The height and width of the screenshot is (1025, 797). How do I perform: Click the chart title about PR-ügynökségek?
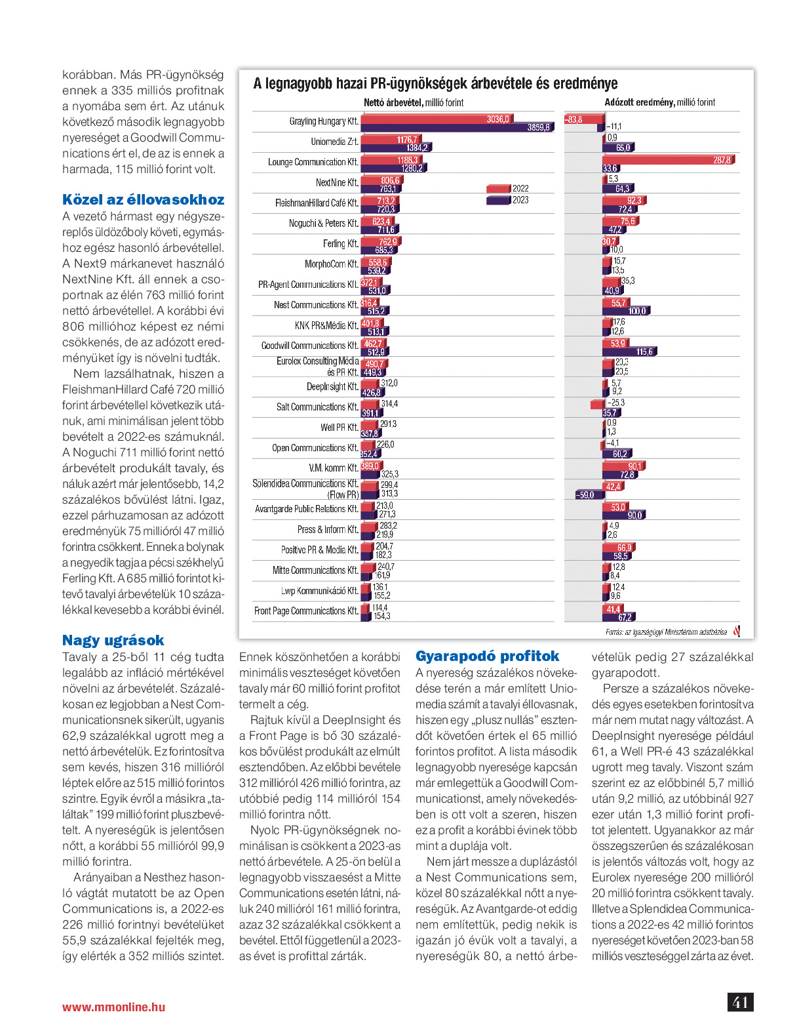tap(435, 84)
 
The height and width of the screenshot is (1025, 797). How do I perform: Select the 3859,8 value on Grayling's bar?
tap(539, 128)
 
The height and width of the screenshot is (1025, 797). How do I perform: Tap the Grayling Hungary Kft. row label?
tap(324, 121)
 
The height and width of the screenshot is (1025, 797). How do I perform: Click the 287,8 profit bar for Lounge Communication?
tap(668, 160)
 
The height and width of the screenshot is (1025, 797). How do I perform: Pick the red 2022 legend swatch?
tap(498, 189)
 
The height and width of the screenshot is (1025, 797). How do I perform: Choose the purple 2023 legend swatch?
tap(498, 201)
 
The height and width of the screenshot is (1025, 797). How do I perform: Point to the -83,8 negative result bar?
tap(583, 119)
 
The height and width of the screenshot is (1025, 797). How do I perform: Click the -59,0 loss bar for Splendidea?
tap(589, 495)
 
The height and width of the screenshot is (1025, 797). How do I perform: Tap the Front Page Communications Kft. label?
tap(306, 611)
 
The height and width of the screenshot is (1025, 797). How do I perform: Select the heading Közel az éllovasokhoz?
tap(143, 200)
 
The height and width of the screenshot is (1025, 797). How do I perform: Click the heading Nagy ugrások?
tap(113, 641)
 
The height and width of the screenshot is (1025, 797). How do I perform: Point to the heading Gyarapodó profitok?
tap(487, 656)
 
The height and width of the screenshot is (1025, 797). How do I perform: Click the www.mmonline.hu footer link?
tap(113, 1007)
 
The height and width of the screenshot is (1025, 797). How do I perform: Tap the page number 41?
tap(740, 1003)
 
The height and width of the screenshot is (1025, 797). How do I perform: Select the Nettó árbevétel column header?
tap(414, 102)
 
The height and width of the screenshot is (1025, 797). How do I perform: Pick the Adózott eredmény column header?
tap(659, 102)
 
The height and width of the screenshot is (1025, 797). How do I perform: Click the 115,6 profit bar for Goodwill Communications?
tap(629, 352)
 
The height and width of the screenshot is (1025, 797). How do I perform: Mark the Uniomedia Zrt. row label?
tap(334, 142)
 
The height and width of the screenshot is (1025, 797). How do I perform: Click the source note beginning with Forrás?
tap(665, 632)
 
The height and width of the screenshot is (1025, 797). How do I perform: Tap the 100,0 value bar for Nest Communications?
tap(625, 312)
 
